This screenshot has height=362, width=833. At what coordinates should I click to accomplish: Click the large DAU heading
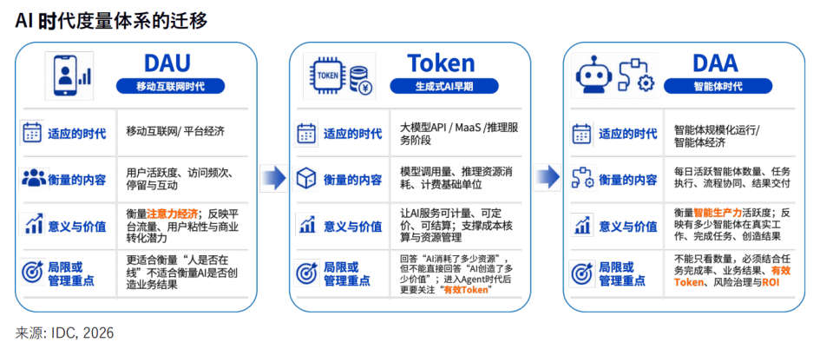(x=167, y=63)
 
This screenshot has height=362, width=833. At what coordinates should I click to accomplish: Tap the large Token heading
(x=441, y=63)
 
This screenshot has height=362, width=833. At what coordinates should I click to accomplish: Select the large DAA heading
(x=715, y=63)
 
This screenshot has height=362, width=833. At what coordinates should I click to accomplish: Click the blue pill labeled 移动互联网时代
(x=171, y=86)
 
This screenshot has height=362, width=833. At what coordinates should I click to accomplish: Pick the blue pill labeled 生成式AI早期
(x=444, y=86)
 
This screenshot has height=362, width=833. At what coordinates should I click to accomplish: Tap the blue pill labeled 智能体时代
(x=718, y=86)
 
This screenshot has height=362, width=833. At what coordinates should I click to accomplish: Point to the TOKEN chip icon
(x=327, y=76)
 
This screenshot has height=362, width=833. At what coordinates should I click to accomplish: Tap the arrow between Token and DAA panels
(x=548, y=176)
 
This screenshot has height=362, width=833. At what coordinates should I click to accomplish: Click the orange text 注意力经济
(x=172, y=214)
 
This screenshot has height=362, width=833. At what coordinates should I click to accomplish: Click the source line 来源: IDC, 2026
(x=64, y=333)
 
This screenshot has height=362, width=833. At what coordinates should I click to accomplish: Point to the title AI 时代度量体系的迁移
(x=111, y=20)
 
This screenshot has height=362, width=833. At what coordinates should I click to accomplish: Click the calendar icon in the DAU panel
(x=32, y=133)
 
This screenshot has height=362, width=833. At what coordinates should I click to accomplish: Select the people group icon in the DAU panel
(x=34, y=179)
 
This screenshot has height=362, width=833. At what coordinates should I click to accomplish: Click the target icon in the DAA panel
(x=581, y=273)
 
